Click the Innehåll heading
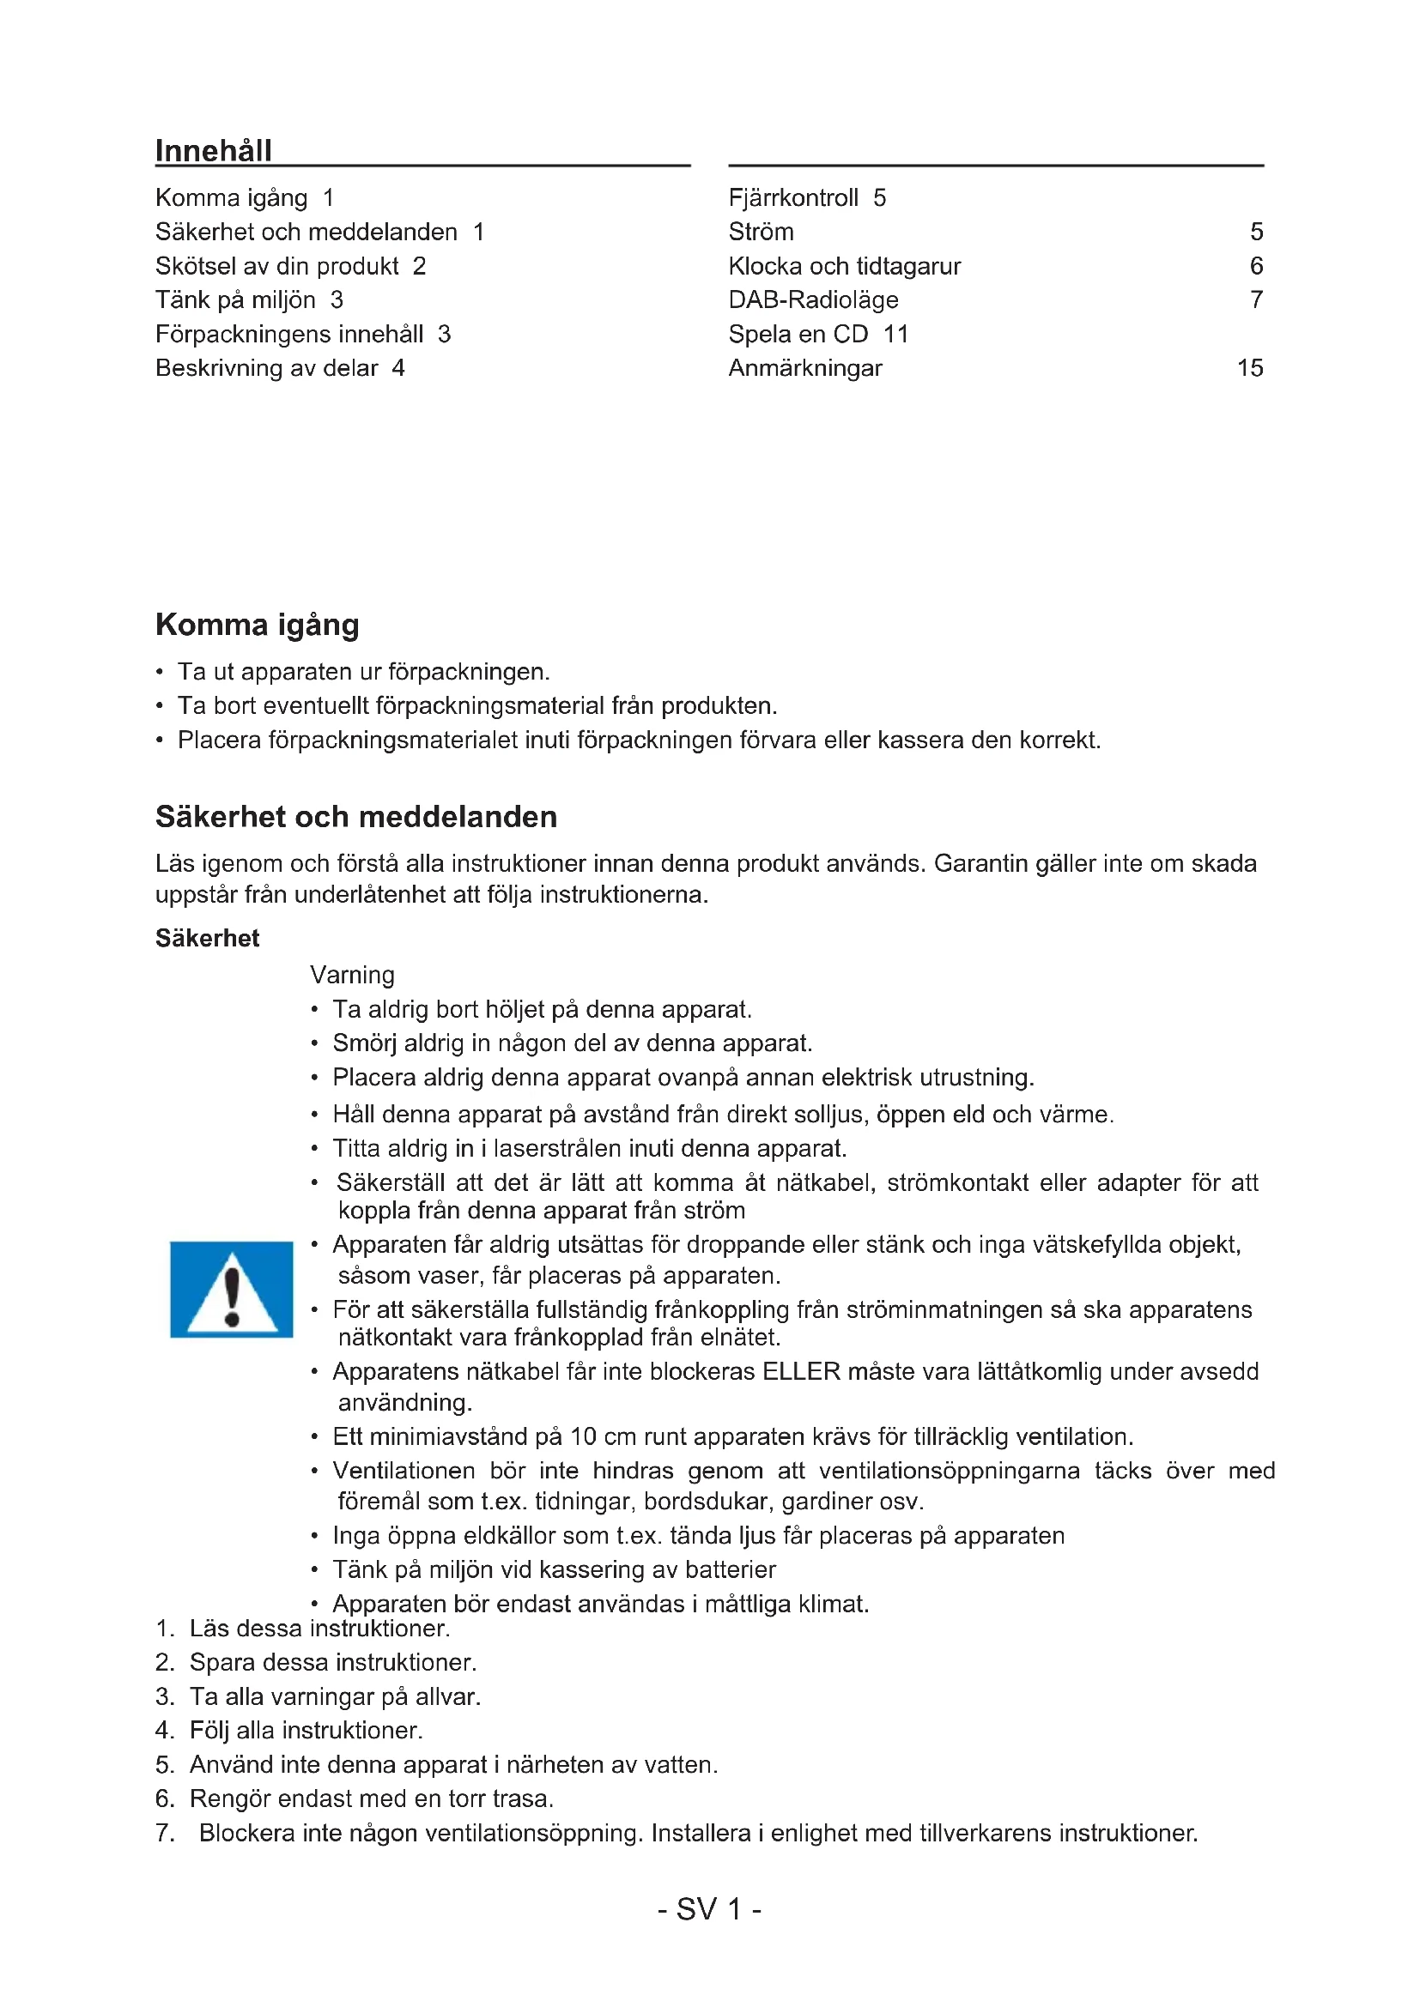pyautogui.click(x=214, y=150)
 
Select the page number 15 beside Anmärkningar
pyautogui.click(x=1249, y=368)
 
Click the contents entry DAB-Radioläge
pyautogui.click(x=813, y=299)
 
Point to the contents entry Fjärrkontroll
pyautogui.click(x=793, y=197)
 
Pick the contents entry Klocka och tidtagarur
pyautogui.click(x=844, y=266)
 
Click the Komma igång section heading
pyautogui.click(x=257, y=625)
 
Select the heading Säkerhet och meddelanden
pyautogui.click(x=356, y=816)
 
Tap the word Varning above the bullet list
pyautogui.click(x=351, y=975)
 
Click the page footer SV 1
pyautogui.click(x=709, y=1909)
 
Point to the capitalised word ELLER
pyautogui.click(x=801, y=1370)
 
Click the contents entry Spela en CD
pyautogui.click(x=798, y=334)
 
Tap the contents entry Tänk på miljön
pyautogui.click(x=235, y=299)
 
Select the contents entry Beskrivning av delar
pyautogui.click(x=267, y=368)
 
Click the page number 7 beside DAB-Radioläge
pyautogui.click(x=1256, y=299)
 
